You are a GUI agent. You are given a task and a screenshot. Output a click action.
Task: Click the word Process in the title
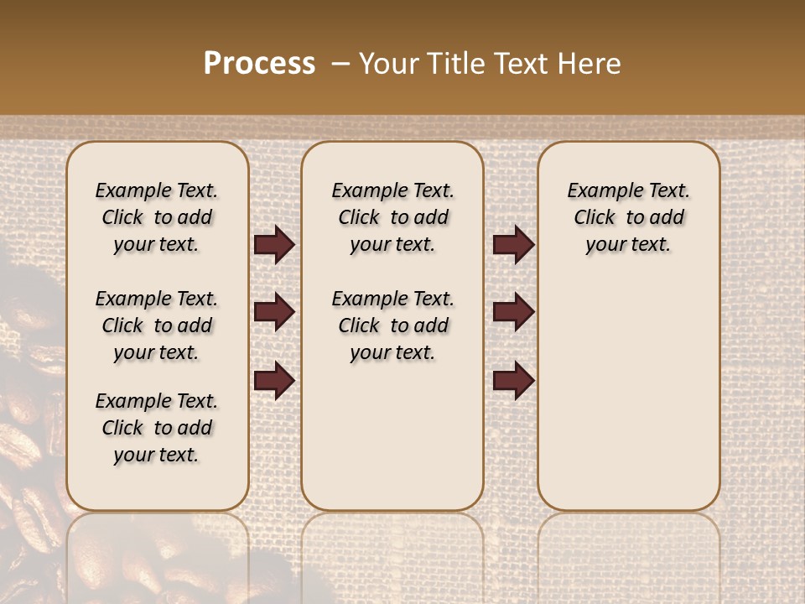point(259,64)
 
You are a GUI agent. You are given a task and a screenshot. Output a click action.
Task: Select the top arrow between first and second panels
point(274,245)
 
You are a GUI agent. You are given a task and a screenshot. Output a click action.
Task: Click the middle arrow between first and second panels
point(274,313)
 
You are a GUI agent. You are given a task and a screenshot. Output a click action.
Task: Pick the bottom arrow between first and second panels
point(274,381)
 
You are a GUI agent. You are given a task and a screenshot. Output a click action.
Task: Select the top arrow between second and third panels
point(513,245)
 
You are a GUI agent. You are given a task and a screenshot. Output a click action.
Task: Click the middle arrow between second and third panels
point(513,313)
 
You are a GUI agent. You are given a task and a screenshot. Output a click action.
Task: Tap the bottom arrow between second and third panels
point(513,381)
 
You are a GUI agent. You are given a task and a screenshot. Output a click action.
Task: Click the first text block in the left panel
point(157,217)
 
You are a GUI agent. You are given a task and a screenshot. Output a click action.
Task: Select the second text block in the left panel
point(157,325)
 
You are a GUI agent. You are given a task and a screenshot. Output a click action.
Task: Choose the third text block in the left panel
point(157,428)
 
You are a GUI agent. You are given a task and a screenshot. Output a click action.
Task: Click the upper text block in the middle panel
point(392,217)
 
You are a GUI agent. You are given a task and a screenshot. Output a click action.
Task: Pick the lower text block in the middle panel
point(392,325)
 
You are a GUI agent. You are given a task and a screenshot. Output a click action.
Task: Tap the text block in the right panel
point(628,217)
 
